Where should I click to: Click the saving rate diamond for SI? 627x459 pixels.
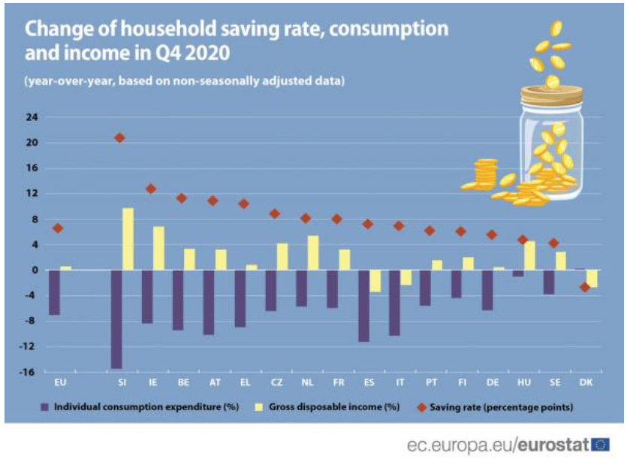[119, 138]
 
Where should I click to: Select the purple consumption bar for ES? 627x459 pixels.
[364, 306]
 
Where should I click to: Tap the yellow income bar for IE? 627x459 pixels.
[158, 248]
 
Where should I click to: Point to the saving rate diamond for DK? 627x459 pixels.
[585, 287]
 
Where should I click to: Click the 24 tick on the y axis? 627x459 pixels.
[32, 117]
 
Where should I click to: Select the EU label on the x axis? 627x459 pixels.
[60, 382]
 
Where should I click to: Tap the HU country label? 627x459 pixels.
[524, 382]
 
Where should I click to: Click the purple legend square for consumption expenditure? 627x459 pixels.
[45, 407]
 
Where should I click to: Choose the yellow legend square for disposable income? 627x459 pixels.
[259, 407]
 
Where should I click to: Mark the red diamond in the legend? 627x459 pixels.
[422, 407]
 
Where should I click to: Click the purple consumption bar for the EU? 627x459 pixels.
[54, 292]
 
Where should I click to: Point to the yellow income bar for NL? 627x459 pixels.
[313, 253]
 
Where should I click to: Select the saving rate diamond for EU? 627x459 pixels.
[58, 228]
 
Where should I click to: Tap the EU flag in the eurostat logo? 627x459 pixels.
[600, 445]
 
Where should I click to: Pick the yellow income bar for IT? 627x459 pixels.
[406, 278]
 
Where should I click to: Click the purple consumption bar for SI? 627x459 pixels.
[116, 319]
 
